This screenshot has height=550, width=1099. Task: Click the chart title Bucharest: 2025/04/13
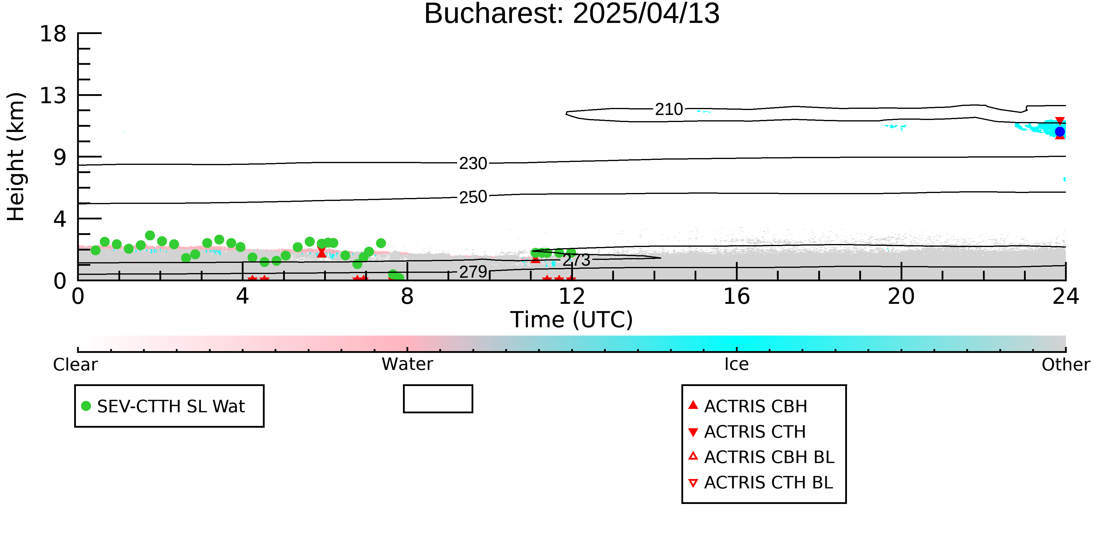tap(572, 14)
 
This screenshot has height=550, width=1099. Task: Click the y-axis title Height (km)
tap(16, 157)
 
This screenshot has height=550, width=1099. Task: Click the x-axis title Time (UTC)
tap(572, 320)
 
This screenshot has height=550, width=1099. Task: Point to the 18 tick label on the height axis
tap(53, 34)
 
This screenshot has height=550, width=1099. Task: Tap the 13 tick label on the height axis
tap(53, 96)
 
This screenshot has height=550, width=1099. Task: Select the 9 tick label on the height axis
tap(60, 158)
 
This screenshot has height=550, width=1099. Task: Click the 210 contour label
tap(669, 110)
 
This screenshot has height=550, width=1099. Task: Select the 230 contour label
tap(473, 164)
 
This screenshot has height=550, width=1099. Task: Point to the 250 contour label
tap(473, 197)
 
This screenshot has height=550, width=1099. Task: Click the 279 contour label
tap(473, 272)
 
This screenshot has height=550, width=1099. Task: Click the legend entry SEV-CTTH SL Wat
tap(164, 406)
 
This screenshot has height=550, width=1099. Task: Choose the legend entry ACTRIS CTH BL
tap(761, 483)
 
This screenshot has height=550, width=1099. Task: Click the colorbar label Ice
tap(736, 364)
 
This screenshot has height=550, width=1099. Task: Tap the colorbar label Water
tap(407, 364)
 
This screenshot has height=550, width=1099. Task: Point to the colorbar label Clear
tap(76, 365)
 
